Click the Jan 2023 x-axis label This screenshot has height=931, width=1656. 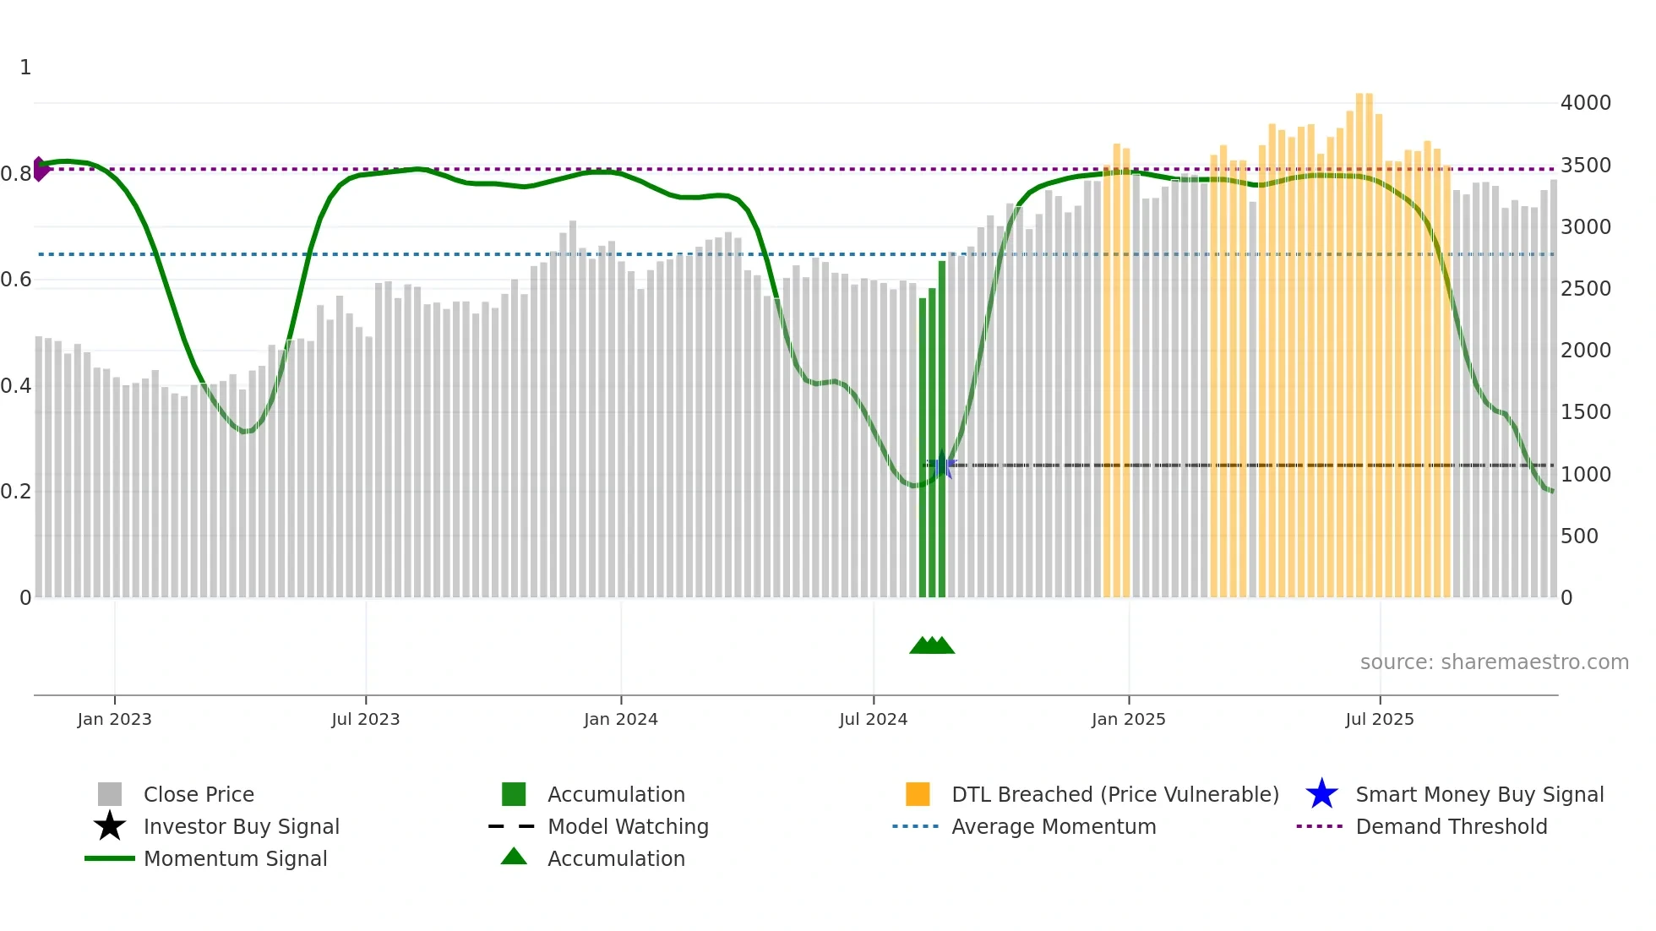(x=114, y=720)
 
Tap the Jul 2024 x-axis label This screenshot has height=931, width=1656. (x=873, y=720)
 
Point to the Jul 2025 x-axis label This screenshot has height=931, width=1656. (x=1379, y=720)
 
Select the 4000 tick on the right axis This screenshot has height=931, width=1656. (x=1585, y=103)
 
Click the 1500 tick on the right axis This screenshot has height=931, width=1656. (x=1585, y=412)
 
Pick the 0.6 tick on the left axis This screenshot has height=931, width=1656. (x=16, y=280)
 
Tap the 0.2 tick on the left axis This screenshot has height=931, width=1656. (x=16, y=492)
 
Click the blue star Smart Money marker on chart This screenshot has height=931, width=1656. (x=943, y=465)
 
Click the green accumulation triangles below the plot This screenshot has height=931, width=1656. (x=932, y=645)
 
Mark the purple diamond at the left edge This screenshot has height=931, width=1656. (x=40, y=169)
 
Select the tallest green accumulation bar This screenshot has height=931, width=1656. (x=942, y=422)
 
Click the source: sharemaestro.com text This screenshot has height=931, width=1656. (x=1494, y=662)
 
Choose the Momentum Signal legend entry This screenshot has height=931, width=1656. (x=235, y=859)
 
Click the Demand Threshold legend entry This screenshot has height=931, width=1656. (x=1451, y=827)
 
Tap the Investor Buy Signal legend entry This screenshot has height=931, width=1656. (x=241, y=827)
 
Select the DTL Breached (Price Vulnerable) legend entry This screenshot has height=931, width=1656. (x=1114, y=795)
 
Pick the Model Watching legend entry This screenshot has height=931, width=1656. (x=628, y=827)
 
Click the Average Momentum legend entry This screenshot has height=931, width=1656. (x=1053, y=827)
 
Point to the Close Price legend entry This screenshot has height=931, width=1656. (x=199, y=795)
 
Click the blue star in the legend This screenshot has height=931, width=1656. (x=1321, y=794)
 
